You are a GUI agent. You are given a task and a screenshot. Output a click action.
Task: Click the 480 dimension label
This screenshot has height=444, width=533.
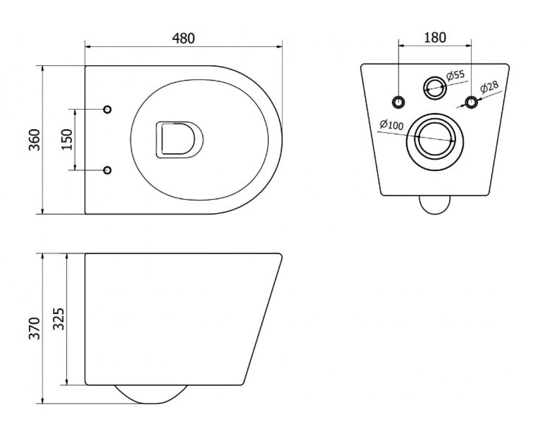click(x=183, y=39)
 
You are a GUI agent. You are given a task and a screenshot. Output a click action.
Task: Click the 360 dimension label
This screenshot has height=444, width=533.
click(x=35, y=140)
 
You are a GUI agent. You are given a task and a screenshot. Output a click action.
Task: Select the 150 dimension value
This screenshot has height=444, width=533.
click(x=68, y=139)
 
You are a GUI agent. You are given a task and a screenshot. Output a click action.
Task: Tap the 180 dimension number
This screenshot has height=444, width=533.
click(x=435, y=37)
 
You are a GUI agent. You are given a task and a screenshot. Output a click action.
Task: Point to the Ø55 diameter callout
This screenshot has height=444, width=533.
click(x=455, y=75)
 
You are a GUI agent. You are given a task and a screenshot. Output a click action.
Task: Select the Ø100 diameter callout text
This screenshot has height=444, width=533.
click(x=391, y=125)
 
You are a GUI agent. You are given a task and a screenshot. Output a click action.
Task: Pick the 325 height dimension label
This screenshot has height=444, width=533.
click(x=59, y=319)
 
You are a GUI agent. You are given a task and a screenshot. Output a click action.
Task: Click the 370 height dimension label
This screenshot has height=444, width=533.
click(x=35, y=329)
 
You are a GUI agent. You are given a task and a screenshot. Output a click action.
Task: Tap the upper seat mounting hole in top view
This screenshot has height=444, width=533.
click(x=107, y=109)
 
